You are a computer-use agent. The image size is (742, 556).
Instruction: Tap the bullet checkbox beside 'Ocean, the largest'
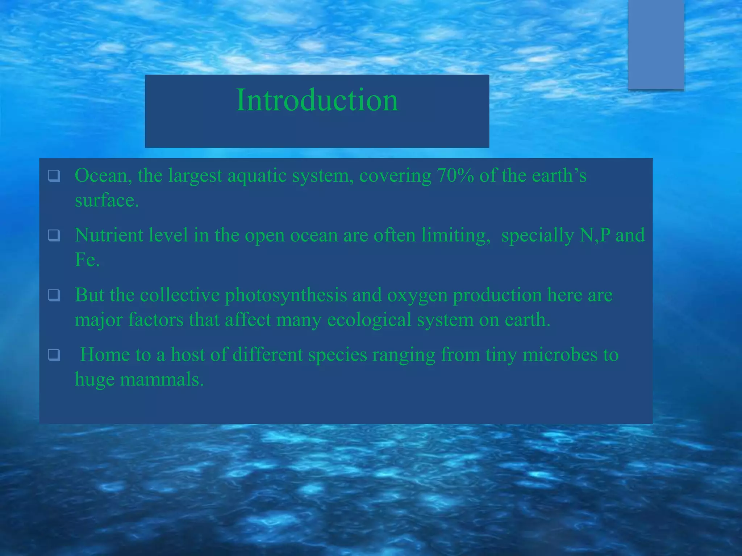pos(54,176)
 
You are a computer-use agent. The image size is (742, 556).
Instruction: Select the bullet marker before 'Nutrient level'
pos(54,236)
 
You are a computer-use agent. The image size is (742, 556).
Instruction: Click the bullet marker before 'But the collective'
pos(54,295)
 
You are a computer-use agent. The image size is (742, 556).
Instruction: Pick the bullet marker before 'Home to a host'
pos(54,355)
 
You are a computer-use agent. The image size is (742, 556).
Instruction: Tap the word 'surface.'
pos(107,200)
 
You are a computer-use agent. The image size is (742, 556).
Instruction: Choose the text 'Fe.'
pos(87,260)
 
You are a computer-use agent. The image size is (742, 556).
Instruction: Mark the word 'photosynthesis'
pos(286,295)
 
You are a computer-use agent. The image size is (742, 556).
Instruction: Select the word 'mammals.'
pos(162,380)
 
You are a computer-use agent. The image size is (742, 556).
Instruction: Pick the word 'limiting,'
pos(455,236)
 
